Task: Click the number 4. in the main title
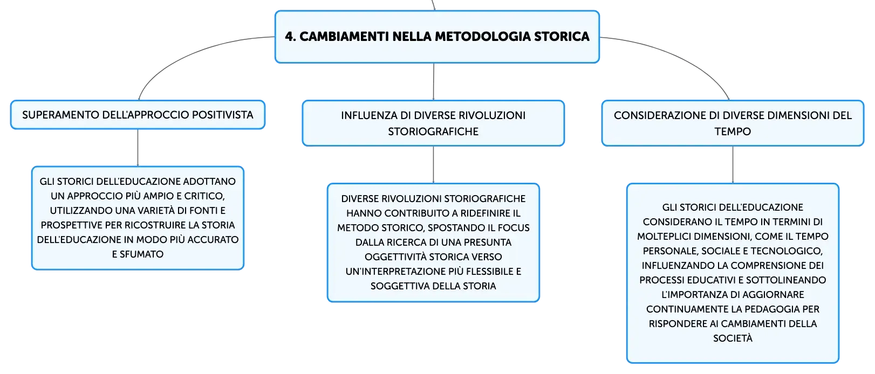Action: [x=290, y=36]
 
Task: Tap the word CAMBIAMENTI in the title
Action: [x=344, y=36]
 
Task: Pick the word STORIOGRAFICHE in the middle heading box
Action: [x=433, y=131]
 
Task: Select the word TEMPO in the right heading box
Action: [x=733, y=131]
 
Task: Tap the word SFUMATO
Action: [x=141, y=254]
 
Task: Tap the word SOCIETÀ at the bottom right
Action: [x=733, y=338]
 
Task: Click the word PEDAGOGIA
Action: [x=772, y=309]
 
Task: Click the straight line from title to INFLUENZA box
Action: [x=434, y=81]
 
